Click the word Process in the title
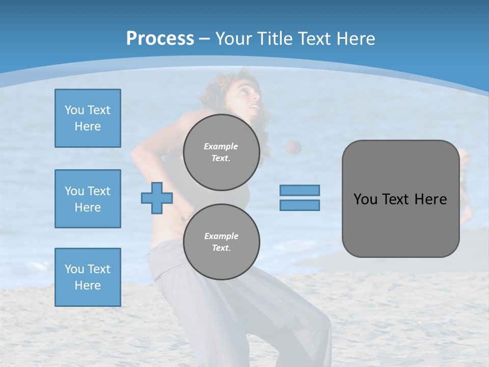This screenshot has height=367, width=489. (x=160, y=38)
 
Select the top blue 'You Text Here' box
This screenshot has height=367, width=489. (x=88, y=118)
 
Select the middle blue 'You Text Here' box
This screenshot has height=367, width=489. (x=88, y=199)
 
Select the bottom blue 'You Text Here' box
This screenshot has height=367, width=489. (x=88, y=277)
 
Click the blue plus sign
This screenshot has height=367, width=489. (x=156, y=198)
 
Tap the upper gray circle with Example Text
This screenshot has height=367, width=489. (x=221, y=152)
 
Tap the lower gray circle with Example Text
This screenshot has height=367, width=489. (x=221, y=242)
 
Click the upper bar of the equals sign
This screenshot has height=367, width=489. (x=300, y=190)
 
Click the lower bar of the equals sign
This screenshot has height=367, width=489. (x=300, y=205)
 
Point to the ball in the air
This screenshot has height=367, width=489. (x=293, y=147)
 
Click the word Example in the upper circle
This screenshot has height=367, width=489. (x=221, y=146)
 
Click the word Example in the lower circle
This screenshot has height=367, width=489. (x=221, y=236)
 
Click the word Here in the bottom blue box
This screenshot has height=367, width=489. (x=88, y=285)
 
